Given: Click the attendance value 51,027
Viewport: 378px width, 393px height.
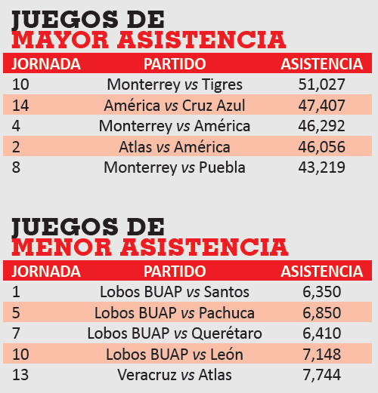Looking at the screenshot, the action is click(x=321, y=84).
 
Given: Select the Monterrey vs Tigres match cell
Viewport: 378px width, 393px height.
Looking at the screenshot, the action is click(x=175, y=84).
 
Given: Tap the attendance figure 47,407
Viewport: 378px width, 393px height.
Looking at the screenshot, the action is click(x=321, y=106).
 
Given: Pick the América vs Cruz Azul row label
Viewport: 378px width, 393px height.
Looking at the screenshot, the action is click(x=175, y=105).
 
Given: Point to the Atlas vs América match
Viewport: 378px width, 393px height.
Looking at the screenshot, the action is click(x=175, y=147).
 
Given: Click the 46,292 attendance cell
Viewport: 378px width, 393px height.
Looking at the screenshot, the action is click(x=321, y=126).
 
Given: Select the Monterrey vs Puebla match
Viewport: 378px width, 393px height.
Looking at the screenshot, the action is click(x=175, y=167).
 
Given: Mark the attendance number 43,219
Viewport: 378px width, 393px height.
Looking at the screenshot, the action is click(x=321, y=167).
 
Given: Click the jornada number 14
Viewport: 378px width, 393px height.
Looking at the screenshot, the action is click(x=20, y=106).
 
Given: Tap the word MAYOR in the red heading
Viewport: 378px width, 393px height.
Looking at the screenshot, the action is click(x=60, y=40).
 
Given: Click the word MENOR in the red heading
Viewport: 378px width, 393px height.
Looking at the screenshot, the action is click(x=61, y=247).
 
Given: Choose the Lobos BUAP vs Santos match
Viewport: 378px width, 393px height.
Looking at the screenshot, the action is click(x=175, y=292).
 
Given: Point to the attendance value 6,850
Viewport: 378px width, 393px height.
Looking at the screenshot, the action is click(x=321, y=313).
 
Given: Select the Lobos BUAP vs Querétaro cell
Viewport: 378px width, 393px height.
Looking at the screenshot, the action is click(x=175, y=333).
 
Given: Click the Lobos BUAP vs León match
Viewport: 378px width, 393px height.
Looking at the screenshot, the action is click(x=175, y=355).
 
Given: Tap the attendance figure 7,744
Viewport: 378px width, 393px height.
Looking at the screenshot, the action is click(x=321, y=375).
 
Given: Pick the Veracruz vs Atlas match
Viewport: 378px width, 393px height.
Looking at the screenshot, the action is click(x=175, y=375).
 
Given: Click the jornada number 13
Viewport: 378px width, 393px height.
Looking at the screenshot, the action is click(x=20, y=375).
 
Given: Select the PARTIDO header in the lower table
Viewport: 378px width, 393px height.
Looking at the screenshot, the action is click(x=175, y=272).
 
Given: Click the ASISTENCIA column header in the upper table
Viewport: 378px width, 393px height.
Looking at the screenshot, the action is click(x=322, y=64).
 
